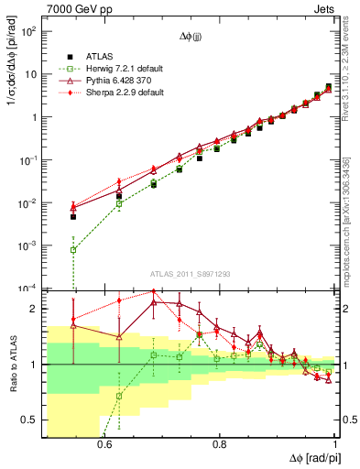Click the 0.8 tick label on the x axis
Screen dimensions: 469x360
tap(220, 444)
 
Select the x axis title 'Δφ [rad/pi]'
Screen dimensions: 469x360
tap(309, 457)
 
